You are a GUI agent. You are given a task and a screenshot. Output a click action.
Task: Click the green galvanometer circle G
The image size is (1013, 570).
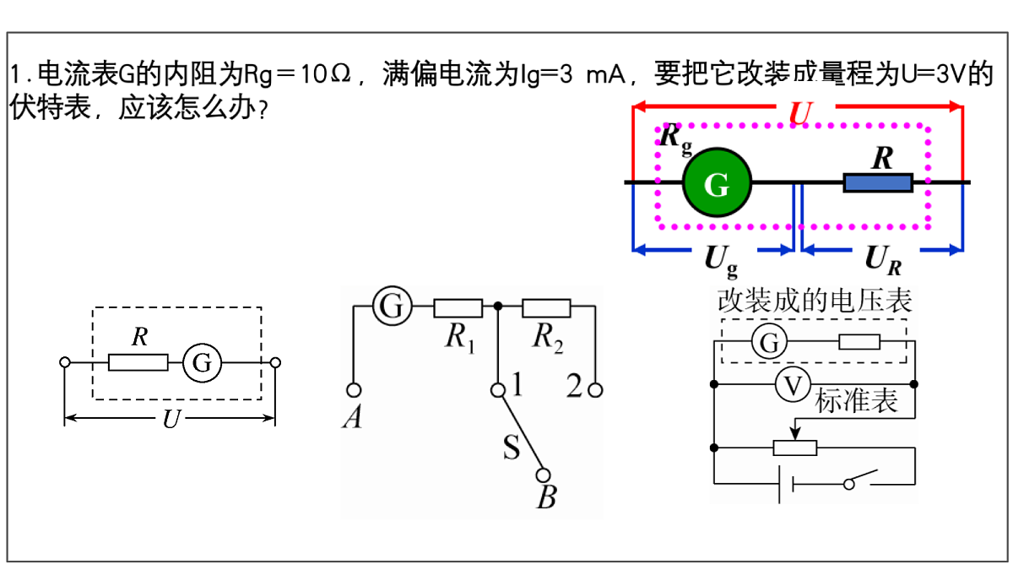click(718, 182)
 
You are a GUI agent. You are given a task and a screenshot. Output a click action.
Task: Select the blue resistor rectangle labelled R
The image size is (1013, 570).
click(878, 182)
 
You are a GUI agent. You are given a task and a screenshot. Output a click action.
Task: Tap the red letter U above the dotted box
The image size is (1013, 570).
click(801, 112)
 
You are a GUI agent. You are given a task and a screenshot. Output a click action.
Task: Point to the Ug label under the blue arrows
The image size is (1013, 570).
click(721, 262)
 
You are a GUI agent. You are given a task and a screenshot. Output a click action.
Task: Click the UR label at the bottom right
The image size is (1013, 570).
click(883, 260)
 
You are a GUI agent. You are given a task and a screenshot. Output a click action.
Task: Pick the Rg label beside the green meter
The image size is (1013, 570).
click(675, 139)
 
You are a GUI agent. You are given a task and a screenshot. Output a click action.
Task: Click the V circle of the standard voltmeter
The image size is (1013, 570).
click(793, 385)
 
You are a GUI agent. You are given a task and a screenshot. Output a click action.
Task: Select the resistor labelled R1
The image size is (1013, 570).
click(458, 307)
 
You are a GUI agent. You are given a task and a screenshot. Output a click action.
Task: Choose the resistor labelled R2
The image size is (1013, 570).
click(546, 307)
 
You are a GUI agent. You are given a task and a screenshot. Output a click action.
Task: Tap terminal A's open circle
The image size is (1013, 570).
click(354, 390)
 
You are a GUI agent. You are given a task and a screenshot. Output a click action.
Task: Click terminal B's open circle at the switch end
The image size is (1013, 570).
click(543, 475)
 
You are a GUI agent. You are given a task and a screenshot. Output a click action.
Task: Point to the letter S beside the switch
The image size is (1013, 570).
click(512, 447)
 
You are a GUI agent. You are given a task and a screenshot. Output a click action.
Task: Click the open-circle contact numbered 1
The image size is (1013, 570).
click(498, 390)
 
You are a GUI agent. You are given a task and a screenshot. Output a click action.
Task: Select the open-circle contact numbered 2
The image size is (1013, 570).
click(596, 390)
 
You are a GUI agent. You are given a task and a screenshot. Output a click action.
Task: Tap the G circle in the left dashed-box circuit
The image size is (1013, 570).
click(202, 362)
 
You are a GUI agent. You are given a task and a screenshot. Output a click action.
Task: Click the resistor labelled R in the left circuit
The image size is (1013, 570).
click(138, 362)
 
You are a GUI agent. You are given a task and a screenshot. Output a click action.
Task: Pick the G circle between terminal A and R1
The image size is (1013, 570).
click(392, 306)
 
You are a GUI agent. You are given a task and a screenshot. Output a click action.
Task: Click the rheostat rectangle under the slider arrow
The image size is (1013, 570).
click(795, 448)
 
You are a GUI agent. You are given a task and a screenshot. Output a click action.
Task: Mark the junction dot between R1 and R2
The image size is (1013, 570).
click(498, 307)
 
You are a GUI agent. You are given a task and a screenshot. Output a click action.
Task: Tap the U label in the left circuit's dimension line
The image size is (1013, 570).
click(171, 419)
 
